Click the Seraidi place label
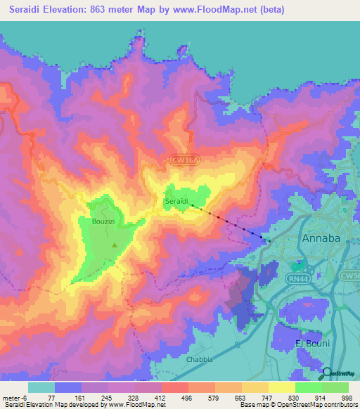[x=176, y=202]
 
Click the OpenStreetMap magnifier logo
[x=328, y=373]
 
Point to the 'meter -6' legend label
[x=15, y=397]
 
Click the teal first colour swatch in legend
[x=41, y=387]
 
